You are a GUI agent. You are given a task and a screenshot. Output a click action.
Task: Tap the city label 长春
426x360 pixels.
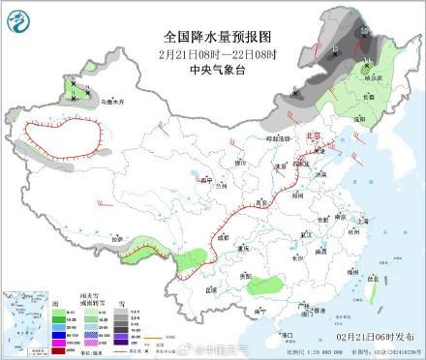tap(368, 97)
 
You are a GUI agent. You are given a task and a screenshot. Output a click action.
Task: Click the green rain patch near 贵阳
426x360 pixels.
tap(266, 285)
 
